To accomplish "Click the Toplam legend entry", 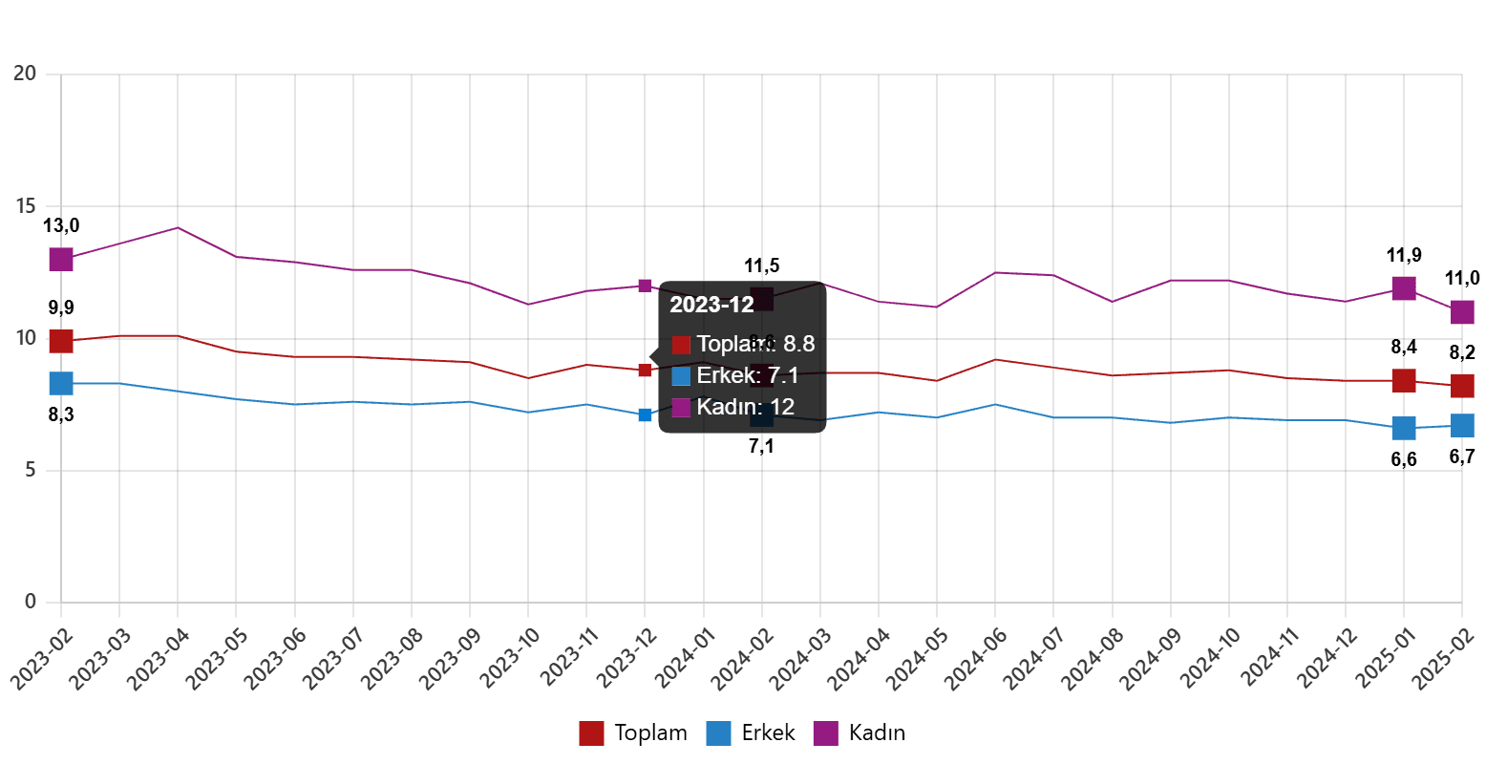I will click(x=632, y=733).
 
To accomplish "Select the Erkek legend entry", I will click(x=751, y=733).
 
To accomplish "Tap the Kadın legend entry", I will click(x=859, y=733).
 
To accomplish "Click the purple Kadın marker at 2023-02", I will click(x=61, y=259).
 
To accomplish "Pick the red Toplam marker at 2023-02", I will click(x=61, y=341).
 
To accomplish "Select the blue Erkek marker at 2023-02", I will click(x=61, y=383).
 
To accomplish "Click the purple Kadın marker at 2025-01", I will click(x=1404, y=287).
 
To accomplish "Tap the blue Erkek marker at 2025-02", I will click(x=1462, y=425).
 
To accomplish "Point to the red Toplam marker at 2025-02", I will click(x=1462, y=386).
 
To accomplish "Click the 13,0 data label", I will click(x=61, y=226).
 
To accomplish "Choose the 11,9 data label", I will click(x=1404, y=255).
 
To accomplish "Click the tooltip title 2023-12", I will click(x=711, y=305).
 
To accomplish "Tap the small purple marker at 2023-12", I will click(x=645, y=286).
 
